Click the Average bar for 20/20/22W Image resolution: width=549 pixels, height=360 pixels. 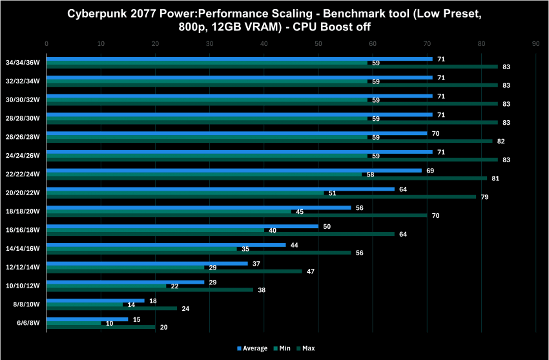point(220,189)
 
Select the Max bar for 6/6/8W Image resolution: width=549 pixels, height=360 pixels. point(101,327)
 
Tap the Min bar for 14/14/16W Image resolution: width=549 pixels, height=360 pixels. point(142,249)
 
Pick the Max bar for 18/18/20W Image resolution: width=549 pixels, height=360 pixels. point(236,215)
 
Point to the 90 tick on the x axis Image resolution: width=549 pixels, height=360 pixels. point(536,43)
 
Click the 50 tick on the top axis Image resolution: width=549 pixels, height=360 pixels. point(318,43)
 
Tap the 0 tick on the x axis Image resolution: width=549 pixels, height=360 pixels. point(47,43)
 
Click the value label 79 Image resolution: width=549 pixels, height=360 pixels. point(484,196)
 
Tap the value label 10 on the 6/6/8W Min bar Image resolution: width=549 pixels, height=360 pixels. point(110,323)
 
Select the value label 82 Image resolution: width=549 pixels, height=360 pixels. point(501,141)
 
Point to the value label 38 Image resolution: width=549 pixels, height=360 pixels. point(261,290)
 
